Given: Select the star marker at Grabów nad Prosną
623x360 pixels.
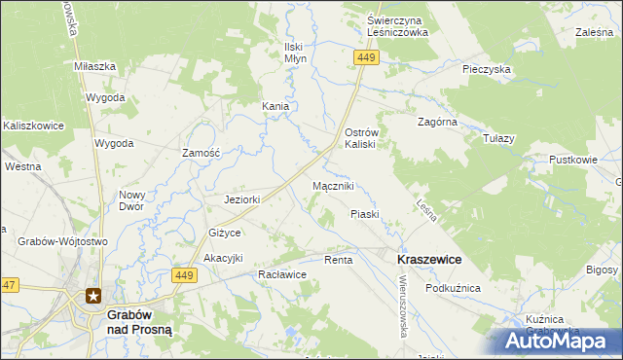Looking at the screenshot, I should pyautogui.click(x=93, y=296).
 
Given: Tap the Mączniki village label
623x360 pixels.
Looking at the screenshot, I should pyautogui.click(x=333, y=185).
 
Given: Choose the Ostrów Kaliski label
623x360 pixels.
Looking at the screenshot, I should pyautogui.click(x=367, y=137).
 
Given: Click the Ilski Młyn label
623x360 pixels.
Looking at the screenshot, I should pyautogui.click(x=294, y=53).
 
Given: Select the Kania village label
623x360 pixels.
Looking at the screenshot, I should pyautogui.click(x=275, y=106).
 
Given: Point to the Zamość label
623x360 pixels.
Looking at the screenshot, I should pyautogui.click(x=203, y=153).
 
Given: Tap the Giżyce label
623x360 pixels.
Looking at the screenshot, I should pyautogui.click(x=224, y=234).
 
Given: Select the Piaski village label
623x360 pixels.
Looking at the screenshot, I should pyautogui.click(x=363, y=213).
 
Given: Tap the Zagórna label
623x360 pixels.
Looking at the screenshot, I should pyautogui.click(x=436, y=123).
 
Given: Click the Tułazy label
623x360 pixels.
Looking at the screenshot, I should pyautogui.click(x=497, y=138).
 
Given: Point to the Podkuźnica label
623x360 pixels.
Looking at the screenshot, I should pyautogui.click(x=454, y=288).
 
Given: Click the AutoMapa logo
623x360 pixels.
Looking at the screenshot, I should pyautogui.click(x=558, y=340).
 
